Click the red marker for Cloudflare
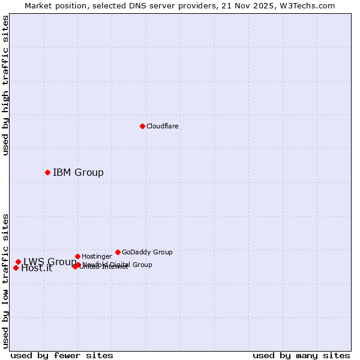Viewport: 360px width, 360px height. tap(142, 126)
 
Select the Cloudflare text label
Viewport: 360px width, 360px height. tap(162, 126)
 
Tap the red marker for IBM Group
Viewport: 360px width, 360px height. tap(47, 172)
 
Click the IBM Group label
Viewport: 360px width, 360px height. tap(78, 173)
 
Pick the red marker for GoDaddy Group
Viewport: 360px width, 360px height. tap(118, 252)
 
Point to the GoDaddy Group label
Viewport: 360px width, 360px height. tap(147, 252)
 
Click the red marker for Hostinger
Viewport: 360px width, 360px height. tap(77, 256)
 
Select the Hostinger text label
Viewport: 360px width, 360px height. tap(97, 256)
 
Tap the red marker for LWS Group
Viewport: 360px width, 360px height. tap(18, 262)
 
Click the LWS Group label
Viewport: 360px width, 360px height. tap(49, 262)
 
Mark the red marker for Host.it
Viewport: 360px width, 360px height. tap(16, 268)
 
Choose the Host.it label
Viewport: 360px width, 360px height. tap(37, 268)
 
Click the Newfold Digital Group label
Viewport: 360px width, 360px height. tap(118, 265)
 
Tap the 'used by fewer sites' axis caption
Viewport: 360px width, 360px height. tap(62, 355)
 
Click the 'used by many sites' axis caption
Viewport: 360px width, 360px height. tap(301, 355)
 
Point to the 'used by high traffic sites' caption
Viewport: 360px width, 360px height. tap(5, 85)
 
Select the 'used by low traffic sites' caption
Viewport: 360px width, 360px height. tap(5, 280)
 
